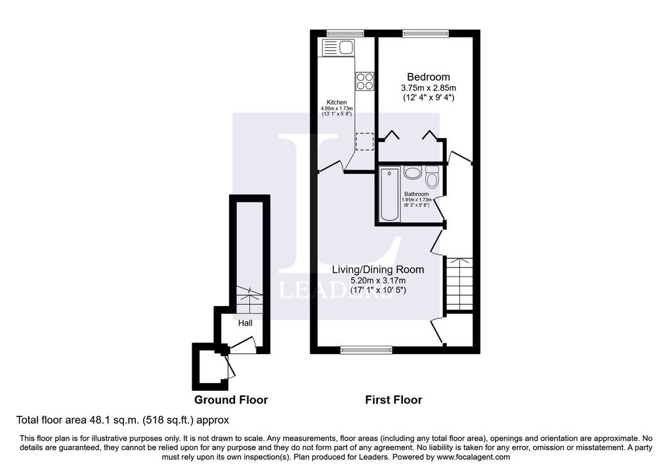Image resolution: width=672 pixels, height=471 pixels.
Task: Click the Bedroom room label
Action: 428,78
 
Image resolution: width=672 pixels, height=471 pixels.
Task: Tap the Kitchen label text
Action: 337,102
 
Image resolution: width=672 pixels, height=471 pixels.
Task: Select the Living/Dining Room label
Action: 379,269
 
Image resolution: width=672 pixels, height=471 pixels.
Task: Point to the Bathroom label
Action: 416,194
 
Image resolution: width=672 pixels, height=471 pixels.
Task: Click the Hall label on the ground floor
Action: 245,323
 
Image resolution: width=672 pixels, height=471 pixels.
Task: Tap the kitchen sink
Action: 337,47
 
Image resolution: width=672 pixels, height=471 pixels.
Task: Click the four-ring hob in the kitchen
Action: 365,81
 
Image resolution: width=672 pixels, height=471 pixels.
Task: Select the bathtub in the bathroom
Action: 390,194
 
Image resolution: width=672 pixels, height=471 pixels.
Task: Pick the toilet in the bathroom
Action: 432,177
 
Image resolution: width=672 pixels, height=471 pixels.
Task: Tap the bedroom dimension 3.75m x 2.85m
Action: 428,88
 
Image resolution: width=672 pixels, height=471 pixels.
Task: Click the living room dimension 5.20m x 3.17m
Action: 379,280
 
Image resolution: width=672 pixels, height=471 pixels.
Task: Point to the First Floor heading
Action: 394,400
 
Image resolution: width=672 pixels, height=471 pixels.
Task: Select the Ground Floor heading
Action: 231,400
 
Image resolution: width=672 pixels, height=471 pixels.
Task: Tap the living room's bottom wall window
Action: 366,351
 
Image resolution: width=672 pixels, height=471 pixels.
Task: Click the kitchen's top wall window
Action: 345,33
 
